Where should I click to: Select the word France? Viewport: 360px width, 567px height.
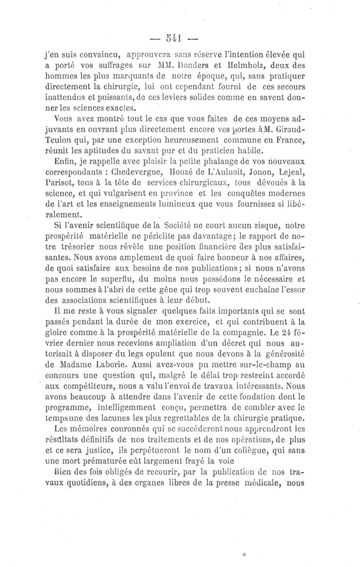(x=288, y=139)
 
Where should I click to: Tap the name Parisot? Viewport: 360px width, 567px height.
(x=61, y=182)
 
